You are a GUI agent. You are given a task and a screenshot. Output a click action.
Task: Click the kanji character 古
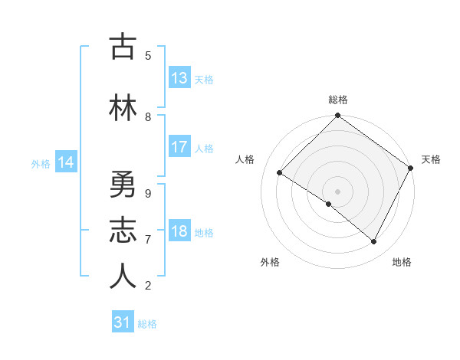click(123, 47)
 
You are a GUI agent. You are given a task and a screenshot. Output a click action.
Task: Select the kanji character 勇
click(123, 186)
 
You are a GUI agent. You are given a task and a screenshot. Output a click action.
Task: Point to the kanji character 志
click(123, 231)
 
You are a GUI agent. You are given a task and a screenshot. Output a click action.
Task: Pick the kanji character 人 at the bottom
click(123, 277)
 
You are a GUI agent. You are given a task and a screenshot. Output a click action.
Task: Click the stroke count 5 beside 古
click(148, 55)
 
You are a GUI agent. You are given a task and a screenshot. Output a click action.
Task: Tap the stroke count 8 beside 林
click(148, 116)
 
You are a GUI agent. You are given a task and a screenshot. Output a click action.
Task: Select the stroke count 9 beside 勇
click(148, 194)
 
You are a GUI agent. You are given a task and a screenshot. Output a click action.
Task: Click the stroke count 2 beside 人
click(148, 286)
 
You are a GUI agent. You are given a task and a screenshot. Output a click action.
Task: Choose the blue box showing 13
click(179, 78)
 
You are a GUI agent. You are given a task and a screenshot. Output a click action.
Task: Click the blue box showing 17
click(179, 147)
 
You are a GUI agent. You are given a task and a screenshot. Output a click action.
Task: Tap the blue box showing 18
click(179, 232)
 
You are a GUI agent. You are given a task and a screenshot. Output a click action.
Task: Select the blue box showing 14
click(66, 162)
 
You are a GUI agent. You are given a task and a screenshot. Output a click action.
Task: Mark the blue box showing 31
click(123, 322)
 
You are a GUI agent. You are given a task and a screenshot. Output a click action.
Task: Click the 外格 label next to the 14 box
click(41, 163)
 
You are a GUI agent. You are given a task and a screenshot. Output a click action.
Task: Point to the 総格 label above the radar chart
click(338, 100)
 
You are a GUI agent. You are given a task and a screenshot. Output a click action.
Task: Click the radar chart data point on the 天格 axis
click(410, 168)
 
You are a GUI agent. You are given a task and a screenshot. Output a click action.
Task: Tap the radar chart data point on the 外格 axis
click(329, 205)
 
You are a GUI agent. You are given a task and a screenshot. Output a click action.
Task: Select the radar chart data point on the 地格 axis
click(374, 241)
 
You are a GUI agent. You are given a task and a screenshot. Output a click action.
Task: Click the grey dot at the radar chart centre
click(337, 191)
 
